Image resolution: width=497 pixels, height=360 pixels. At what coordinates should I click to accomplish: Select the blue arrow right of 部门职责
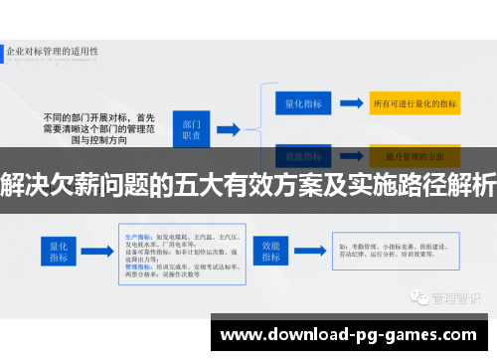point(229,128)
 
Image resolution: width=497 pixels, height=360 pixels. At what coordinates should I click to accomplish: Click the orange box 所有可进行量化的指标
point(414,101)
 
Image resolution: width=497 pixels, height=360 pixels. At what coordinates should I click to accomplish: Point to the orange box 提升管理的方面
point(414,155)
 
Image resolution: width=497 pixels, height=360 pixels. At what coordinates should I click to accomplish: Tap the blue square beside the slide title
point(10,49)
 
